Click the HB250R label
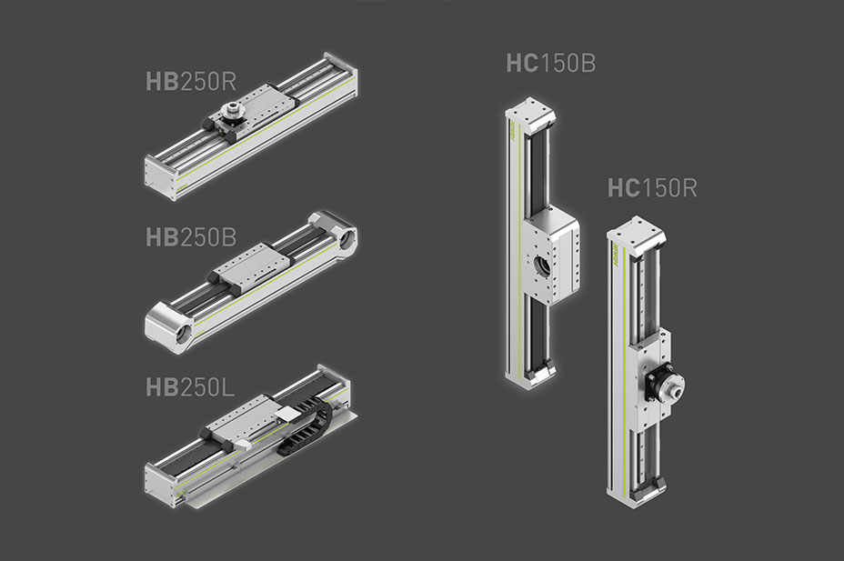(x=191, y=81)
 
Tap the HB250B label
(x=191, y=237)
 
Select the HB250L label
(x=190, y=387)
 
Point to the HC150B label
(x=550, y=63)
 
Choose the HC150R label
(x=652, y=187)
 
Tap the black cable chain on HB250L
(x=304, y=427)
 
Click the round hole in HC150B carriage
(x=541, y=265)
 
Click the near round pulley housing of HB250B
(x=169, y=326)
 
